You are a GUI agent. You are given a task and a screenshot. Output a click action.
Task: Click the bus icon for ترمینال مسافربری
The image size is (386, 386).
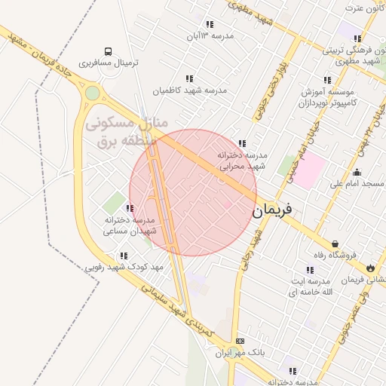pyautogui.click(x=109, y=52)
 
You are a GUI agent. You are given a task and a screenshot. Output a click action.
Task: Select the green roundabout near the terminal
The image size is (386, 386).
pyautogui.click(x=93, y=93)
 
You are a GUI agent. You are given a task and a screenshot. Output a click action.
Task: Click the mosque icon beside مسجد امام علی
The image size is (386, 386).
pyautogui.click(x=357, y=172)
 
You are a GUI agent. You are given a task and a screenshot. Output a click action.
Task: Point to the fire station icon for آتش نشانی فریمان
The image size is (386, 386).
pyautogui.click(x=370, y=268)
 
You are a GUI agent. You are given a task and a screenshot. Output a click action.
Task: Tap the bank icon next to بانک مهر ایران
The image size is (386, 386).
pyautogui.click(x=240, y=341)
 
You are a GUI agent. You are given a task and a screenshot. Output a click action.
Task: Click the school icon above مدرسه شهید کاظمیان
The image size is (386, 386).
pyautogui.click(x=189, y=78)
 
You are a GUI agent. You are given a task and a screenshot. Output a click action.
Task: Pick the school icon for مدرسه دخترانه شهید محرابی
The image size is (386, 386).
pyautogui.click(x=242, y=143)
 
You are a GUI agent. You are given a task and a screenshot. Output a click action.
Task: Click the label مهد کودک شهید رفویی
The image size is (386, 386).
pyautogui.click(x=123, y=268)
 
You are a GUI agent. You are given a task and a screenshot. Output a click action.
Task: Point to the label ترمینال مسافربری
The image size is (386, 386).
pyautogui.click(x=110, y=64)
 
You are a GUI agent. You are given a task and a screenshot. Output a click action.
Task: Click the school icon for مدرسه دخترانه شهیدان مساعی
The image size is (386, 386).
pyautogui.click(x=130, y=209)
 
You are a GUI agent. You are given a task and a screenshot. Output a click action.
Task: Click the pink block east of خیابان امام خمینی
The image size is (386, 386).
pyautogui.click(x=314, y=167)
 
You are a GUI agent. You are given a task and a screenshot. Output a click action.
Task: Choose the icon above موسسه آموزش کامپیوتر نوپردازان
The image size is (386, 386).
pyautogui.click(x=327, y=79)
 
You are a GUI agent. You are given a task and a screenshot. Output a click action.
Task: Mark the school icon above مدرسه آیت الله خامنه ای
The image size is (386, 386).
pyautogui.click(x=310, y=270)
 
